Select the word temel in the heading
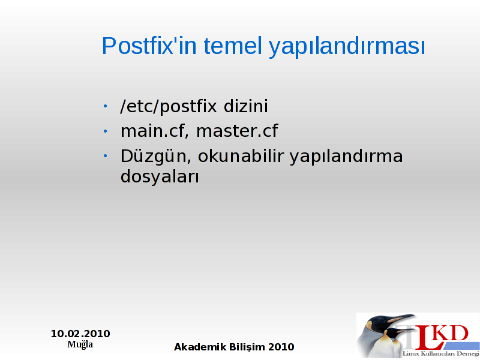[233, 46]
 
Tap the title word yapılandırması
[347, 47]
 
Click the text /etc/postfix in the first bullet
[169, 107]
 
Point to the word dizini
[246, 106]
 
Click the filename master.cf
[237, 131]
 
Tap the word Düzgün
[156, 157]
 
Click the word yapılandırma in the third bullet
[346, 157]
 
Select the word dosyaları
[160, 177]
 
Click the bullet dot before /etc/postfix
[106, 106]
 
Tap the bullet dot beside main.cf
[106, 131]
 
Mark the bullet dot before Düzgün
[106, 156]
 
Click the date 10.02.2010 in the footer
[80, 334]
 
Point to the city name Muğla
[80, 344]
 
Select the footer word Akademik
[200, 347]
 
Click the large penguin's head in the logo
[380, 323]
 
